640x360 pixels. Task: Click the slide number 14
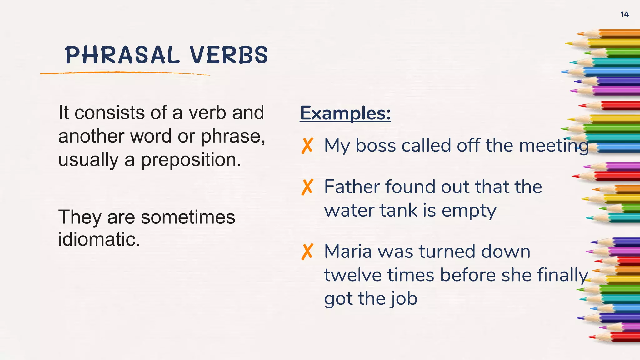pyautogui.click(x=624, y=14)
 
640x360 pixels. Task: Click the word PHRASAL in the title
pyautogui.click(x=122, y=55)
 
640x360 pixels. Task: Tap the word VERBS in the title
pyautogui.click(x=229, y=55)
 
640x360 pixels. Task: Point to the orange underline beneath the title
pyautogui.click(x=125, y=73)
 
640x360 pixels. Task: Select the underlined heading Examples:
pyautogui.click(x=345, y=113)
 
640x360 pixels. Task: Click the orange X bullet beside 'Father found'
pyautogui.click(x=307, y=187)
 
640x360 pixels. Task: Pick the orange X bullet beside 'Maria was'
pyautogui.click(x=307, y=252)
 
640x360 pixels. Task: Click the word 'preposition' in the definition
pyautogui.click(x=191, y=160)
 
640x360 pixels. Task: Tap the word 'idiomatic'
pyautogui.click(x=99, y=240)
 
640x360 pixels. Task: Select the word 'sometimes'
pyautogui.click(x=188, y=217)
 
